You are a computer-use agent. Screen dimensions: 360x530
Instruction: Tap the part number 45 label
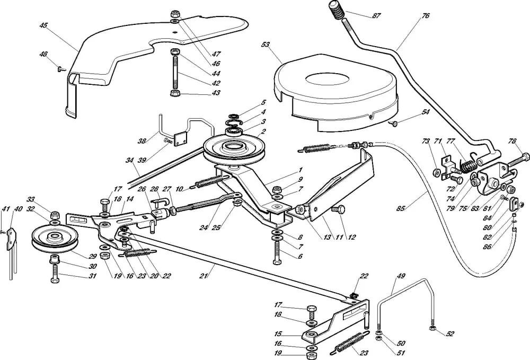[43, 24]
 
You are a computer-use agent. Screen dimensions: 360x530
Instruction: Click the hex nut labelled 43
[174, 93]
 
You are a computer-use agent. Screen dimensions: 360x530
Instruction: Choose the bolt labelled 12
[335, 210]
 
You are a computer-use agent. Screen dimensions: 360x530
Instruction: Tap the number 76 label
[426, 16]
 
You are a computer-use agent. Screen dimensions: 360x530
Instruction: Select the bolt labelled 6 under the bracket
[277, 261]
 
